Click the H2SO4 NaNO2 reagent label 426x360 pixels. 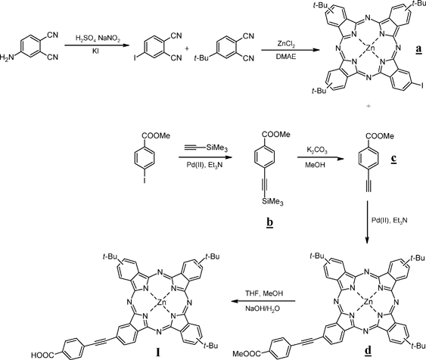tap(98, 39)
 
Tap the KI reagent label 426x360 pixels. tap(95, 51)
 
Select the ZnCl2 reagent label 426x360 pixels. tap(286, 44)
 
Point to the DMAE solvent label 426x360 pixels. tap(286, 57)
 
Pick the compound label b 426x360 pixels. tap(270, 222)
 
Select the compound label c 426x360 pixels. tap(393, 159)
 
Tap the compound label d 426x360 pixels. tap(368, 351)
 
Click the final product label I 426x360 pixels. tap(158, 352)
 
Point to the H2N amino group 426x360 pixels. tap(7, 57)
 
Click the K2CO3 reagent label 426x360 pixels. tap(317, 151)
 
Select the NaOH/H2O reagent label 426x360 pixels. tap(263, 309)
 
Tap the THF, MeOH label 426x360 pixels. tap(264, 293)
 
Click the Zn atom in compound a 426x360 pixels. tap(368, 48)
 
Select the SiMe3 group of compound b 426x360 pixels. tap(272, 202)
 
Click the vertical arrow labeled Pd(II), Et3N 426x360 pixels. tap(367, 222)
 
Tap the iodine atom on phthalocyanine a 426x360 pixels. tap(422, 85)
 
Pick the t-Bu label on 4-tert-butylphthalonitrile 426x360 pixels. tap(201, 58)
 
